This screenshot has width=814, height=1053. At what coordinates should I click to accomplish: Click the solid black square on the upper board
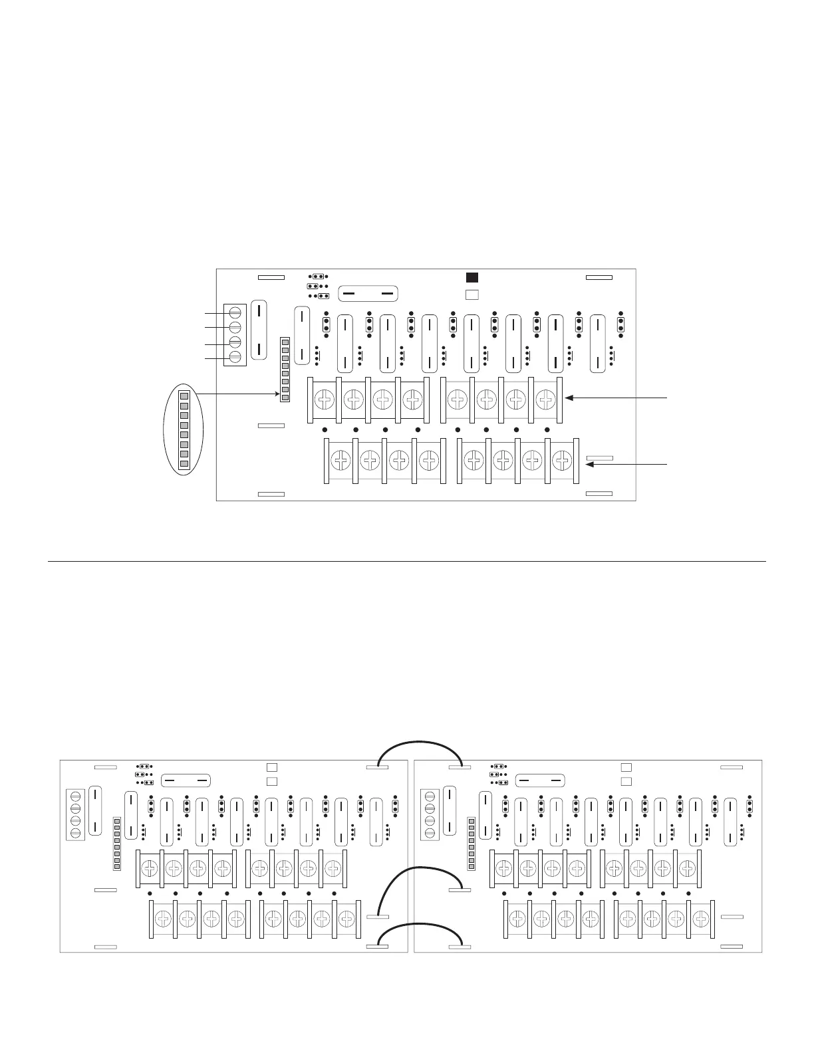pyautogui.click(x=472, y=278)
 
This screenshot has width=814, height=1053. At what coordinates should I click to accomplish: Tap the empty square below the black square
pyautogui.click(x=472, y=294)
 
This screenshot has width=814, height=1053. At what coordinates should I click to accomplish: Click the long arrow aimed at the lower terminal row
pyautogui.click(x=625, y=465)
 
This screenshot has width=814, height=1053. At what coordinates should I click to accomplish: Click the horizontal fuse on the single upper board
pyautogui.click(x=368, y=293)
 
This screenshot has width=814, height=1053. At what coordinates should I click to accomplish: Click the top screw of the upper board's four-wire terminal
pyautogui.click(x=234, y=312)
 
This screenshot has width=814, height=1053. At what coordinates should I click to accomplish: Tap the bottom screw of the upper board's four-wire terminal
pyautogui.click(x=234, y=358)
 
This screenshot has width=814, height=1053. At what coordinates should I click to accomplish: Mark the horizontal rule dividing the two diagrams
pyautogui.click(x=407, y=562)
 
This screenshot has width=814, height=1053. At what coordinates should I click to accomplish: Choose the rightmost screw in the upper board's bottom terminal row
pyautogui.click(x=562, y=459)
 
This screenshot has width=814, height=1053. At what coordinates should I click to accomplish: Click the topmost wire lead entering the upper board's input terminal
pyautogui.click(x=214, y=312)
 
